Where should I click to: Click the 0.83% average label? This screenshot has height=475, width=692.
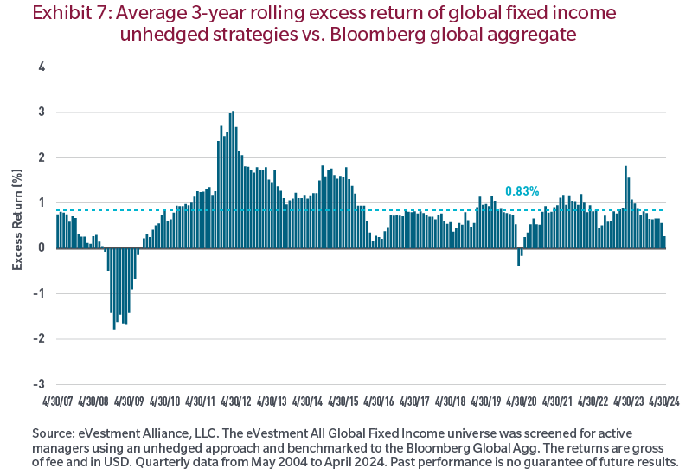pyautogui.click(x=522, y=191)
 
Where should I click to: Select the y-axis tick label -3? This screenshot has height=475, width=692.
pyautogui.click(x=39, y=384)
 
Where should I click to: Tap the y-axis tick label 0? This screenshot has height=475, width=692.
pyautogui.click(x=42, y=248)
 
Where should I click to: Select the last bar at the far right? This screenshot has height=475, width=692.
pyautogui.click(x=664, y=243)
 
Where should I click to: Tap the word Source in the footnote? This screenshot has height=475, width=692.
pyautogui.click(x=54, y=434)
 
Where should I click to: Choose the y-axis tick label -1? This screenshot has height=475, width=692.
pyautogui.click(x=39, y=293)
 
